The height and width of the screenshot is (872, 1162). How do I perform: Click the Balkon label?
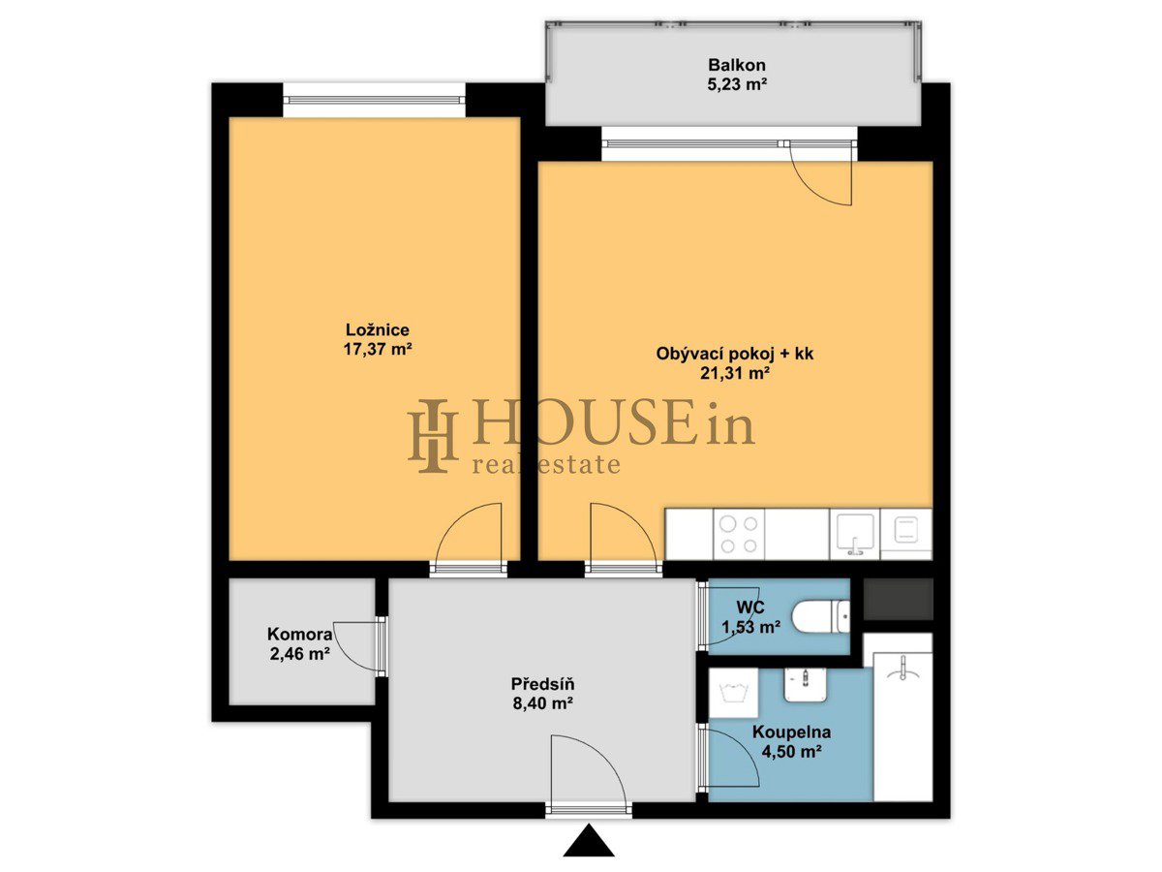[x=737, y=65]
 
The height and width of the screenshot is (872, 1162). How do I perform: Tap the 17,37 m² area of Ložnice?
[x=378, y=350]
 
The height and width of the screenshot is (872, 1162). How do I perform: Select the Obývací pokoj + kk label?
[x=735, y=354]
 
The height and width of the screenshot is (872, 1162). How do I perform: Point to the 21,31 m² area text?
[x=735, y=374]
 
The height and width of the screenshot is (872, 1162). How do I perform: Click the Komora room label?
[x=299, y=634]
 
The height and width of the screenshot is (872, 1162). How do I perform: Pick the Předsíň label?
[x=542, y=684]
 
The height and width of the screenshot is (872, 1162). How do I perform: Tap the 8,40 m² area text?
[x=542, y=703]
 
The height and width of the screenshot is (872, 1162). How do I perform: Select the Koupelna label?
[x=791, y=732]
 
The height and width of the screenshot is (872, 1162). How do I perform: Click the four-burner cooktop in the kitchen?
[x=739, y=534]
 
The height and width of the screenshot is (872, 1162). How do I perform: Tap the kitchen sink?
[x=854, y=534]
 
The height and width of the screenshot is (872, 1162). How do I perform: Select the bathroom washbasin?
[x=806, y=683]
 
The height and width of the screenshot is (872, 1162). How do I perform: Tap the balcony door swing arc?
[x=811, y=188]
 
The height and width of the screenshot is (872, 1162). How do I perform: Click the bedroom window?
[x=374, y=100]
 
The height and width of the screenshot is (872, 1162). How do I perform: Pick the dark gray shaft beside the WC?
[x=898, y=599]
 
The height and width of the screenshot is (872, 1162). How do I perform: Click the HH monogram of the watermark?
[x=433, y=436]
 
